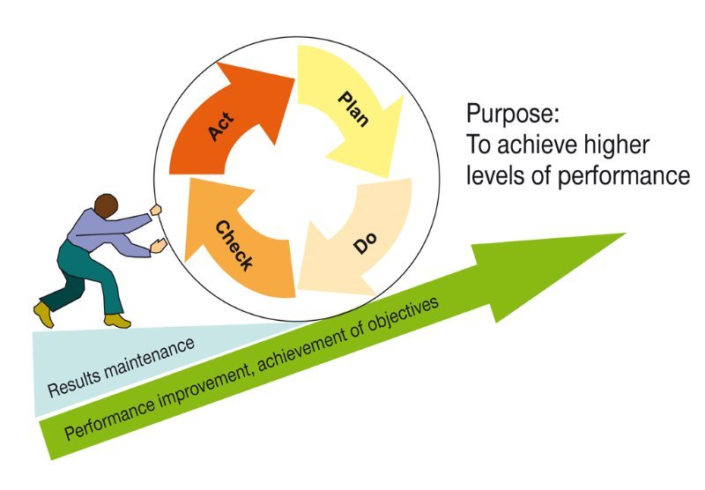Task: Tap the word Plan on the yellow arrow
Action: (x=355, y=108)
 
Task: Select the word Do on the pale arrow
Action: (x=364, y=241)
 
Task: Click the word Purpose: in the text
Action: (x=513, y=114)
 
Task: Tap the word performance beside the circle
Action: (x=625, y=176)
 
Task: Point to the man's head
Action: (x=106, y=208)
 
